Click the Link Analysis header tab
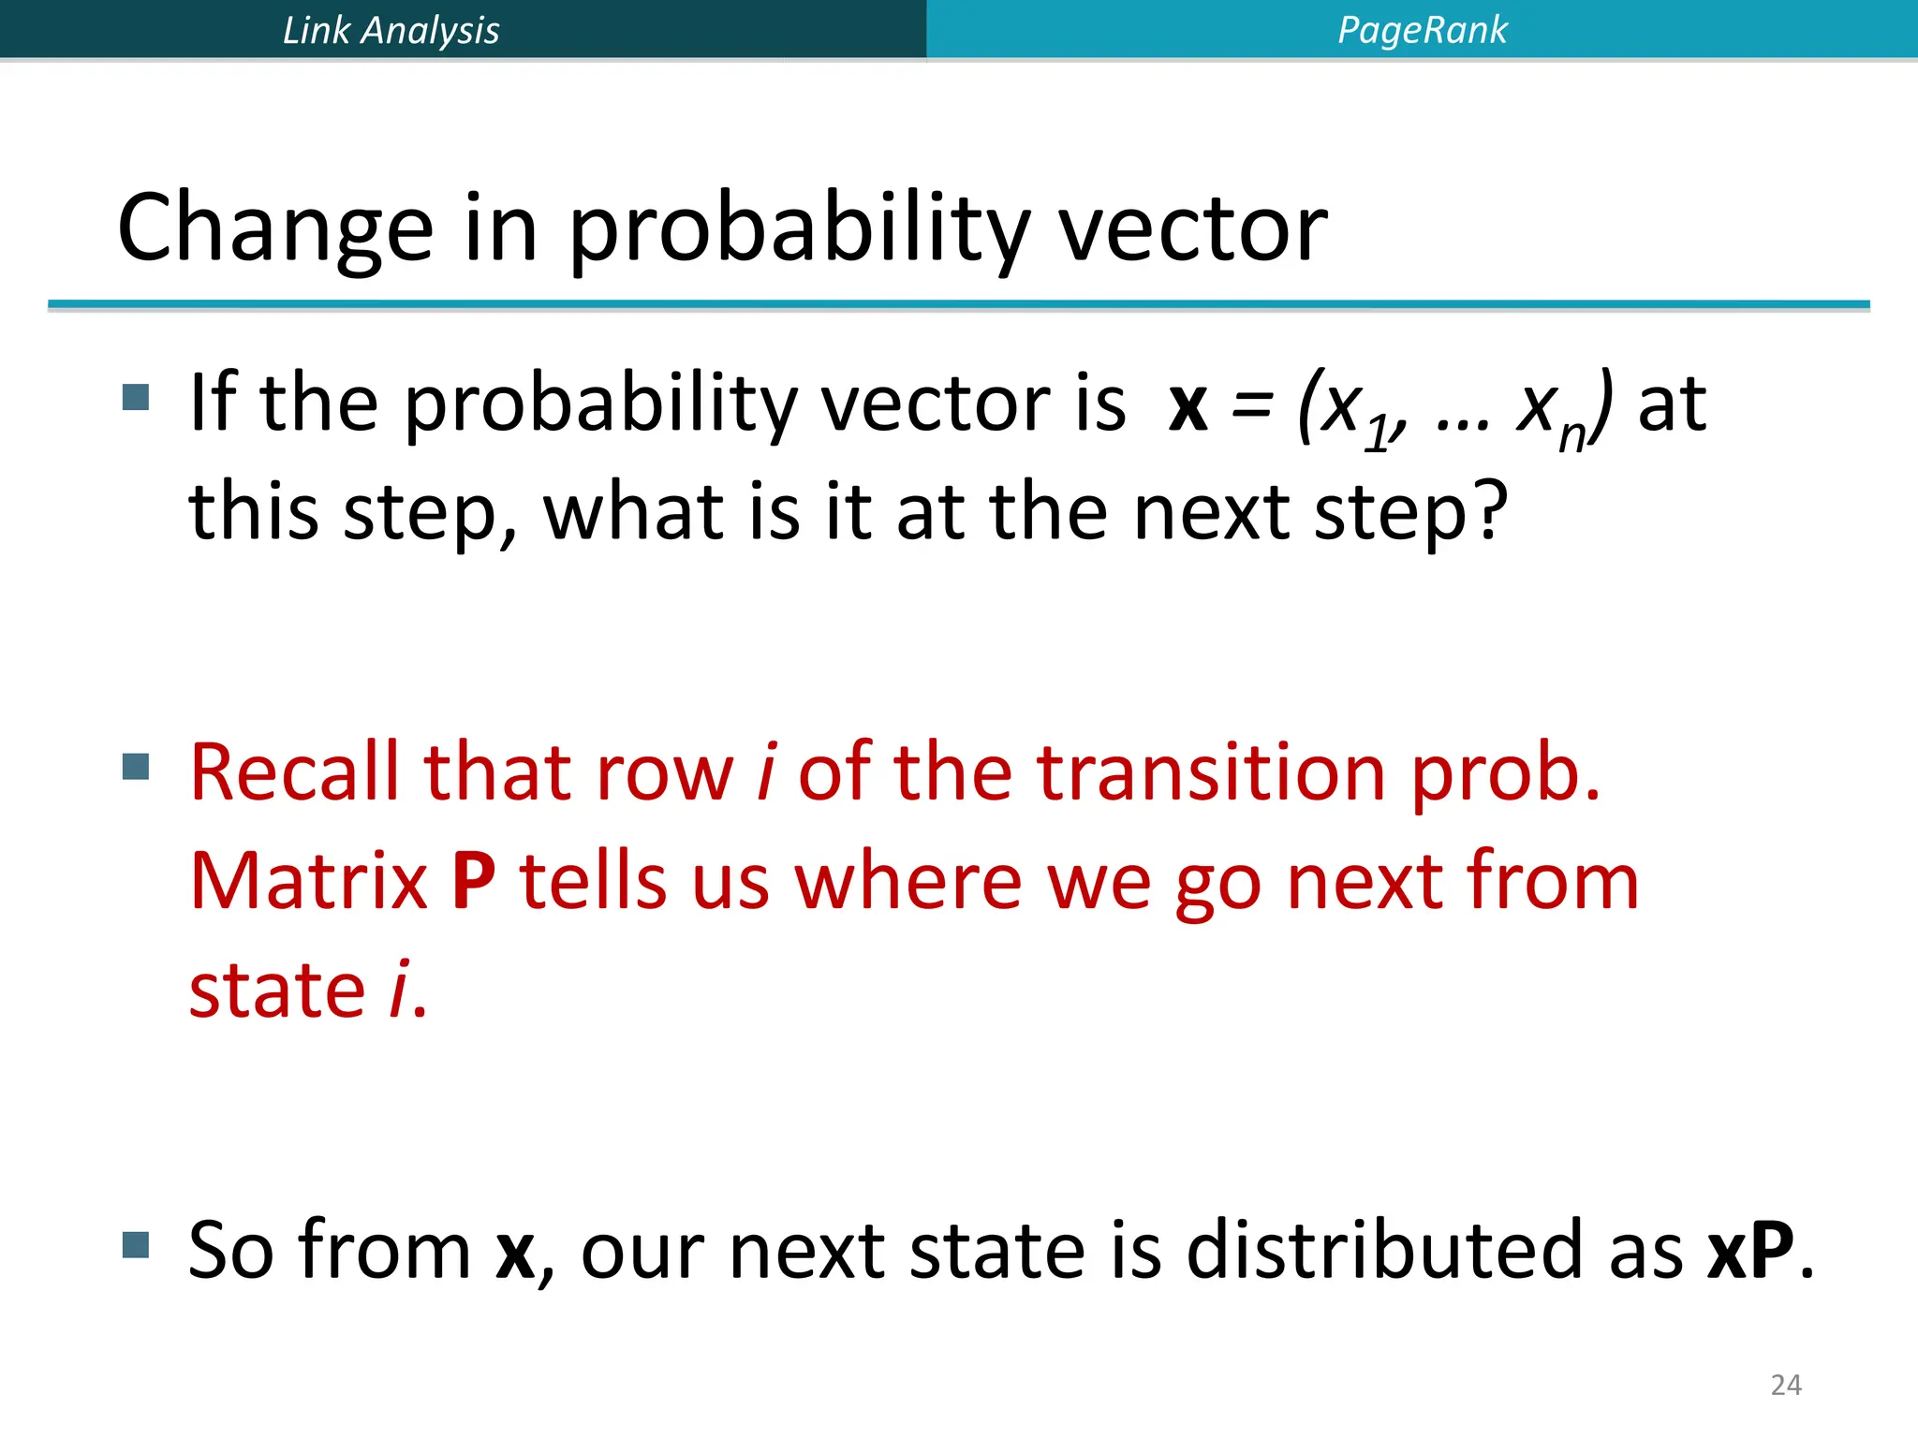tap(391, 30)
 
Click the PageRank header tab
tap(1422, 30)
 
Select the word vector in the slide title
tap(1192, 228)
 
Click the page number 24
tap(1785, 1385)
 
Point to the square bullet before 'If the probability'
tap(136, 398)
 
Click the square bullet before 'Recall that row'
tap(136, 767)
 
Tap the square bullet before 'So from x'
tap(136, 1244)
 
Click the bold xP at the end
tap(1749, 1251)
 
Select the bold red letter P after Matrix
tap(473, 881)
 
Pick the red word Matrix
tap(308, 881)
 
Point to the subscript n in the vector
tap(1571, 436)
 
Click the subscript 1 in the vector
tap(1376, 436)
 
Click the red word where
tap(908, 881)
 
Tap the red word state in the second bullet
tap(276, 990)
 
